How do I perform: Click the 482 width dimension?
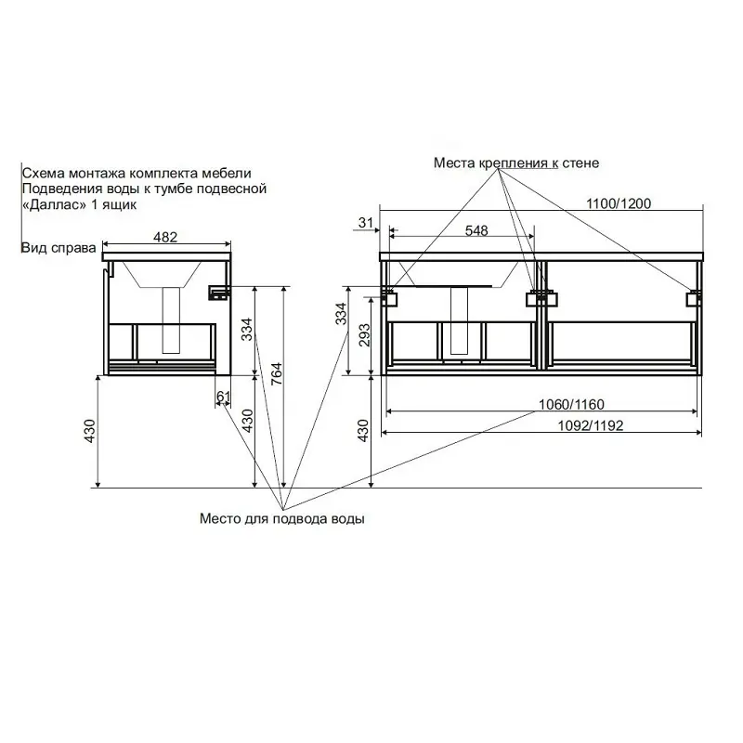pyautogui.click(x=164, y=237)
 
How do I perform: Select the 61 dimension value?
pyautogui.click(x=223, y=398)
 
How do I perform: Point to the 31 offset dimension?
pyautogui.click(x=364, y=222)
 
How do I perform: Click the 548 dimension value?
pyautogui.click(x=476, y=231)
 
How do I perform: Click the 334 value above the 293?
pyautogui.click(x=341, y=315)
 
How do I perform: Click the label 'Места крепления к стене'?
pyautogui.click(x=516, y=163)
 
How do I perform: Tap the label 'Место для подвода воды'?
pyautogui.click(x=281, y=519)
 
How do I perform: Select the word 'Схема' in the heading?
pyautogui.click(x=42, y=174)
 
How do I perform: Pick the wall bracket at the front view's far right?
pyautogui.click(x=693, y=299)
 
